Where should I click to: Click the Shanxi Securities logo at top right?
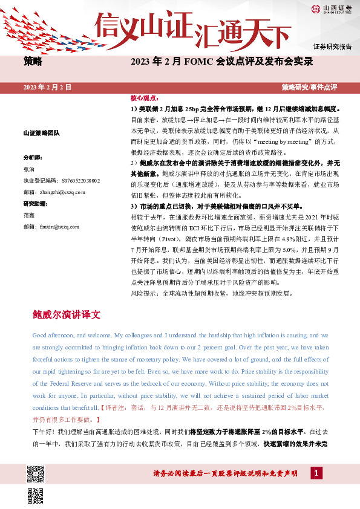tap(331, 8)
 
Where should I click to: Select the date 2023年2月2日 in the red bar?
tap(47, 88)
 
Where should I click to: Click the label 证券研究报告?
tap(332, 47)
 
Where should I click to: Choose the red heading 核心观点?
tap(143, 98)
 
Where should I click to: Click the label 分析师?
tap(33, 156)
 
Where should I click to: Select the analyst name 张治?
tap(29, 168)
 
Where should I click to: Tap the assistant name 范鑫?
tap(29, 216)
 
